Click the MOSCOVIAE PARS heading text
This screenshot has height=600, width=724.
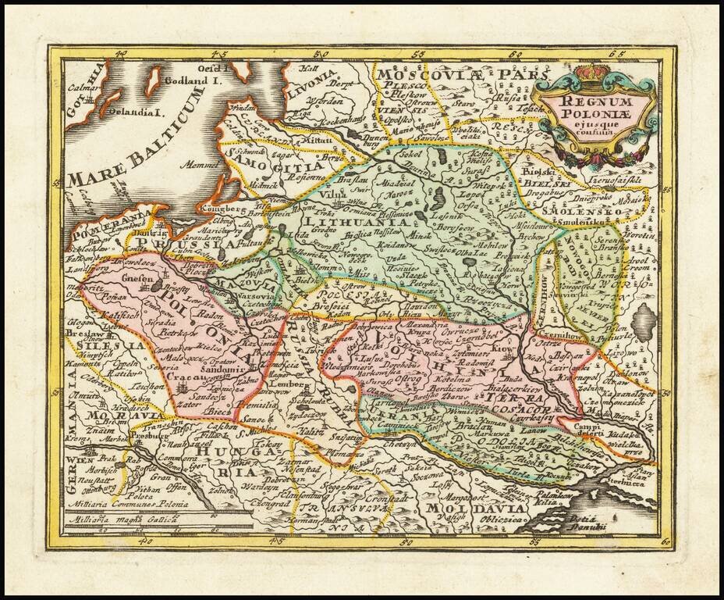pos(452,76)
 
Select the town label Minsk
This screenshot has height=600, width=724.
pos(421,234)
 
